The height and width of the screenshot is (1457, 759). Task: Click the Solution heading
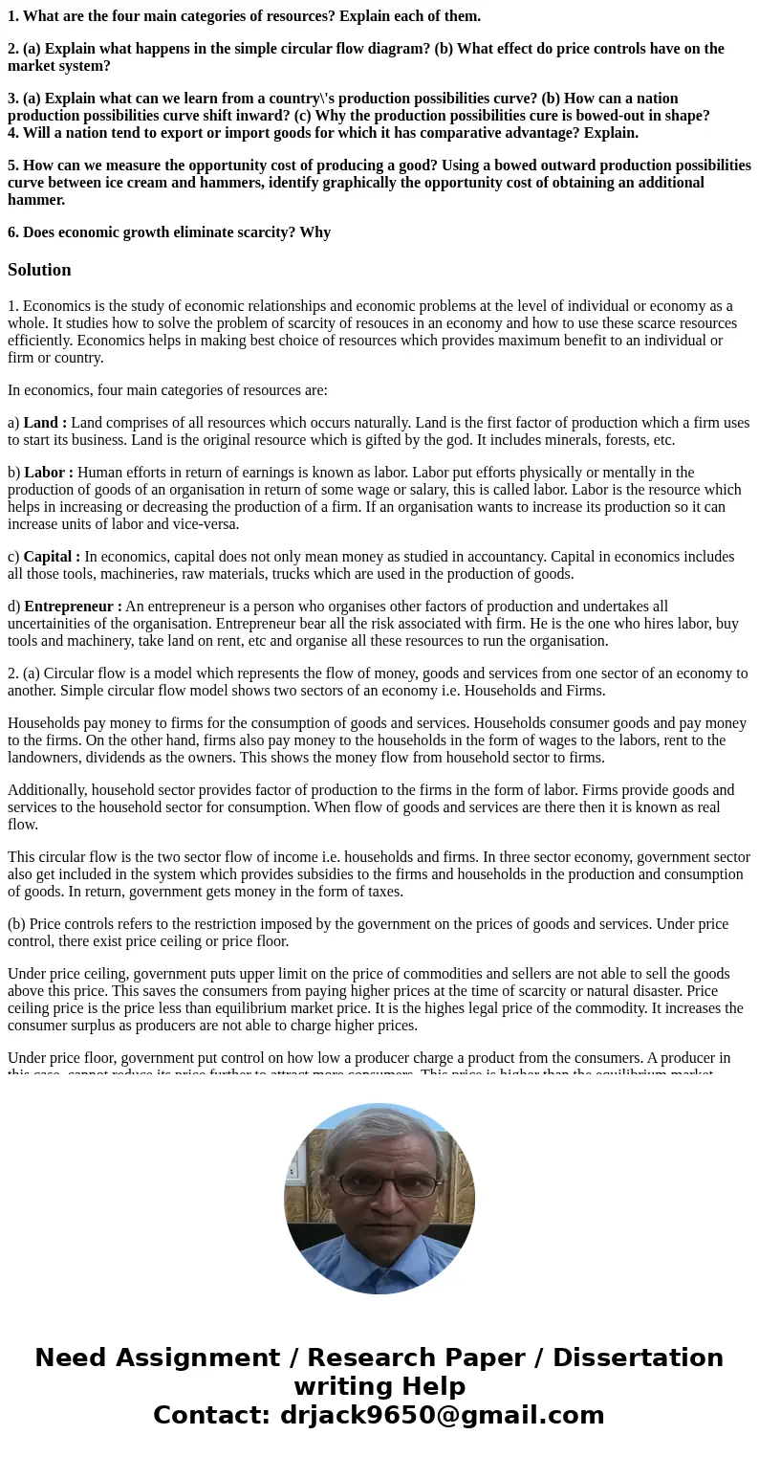(39, 270)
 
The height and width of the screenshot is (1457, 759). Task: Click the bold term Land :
(44, 423)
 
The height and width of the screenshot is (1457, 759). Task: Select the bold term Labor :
(48, 473)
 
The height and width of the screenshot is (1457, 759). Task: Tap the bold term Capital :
(52, 557)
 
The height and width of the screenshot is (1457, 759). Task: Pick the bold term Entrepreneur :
(73, 607)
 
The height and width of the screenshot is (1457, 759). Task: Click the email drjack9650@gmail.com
(442, 1415)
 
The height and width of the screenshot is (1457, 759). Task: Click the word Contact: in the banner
(211, 1415)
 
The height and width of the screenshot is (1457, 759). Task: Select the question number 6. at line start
(13, 232)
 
